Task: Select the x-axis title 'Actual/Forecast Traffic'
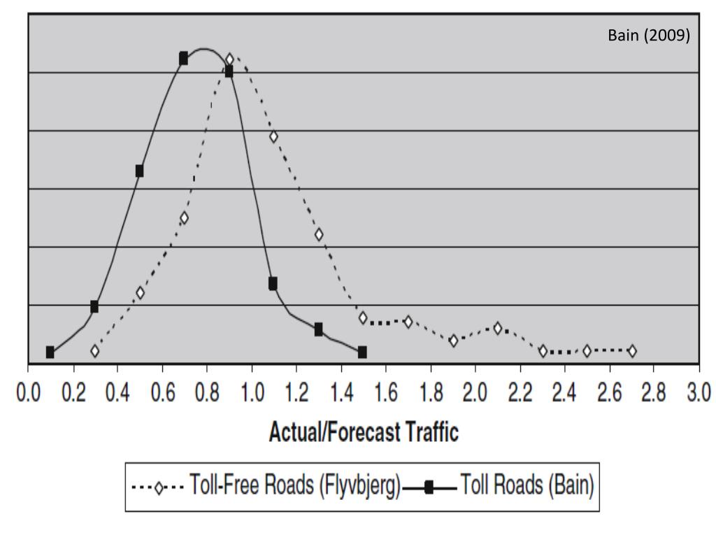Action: pos(364,433)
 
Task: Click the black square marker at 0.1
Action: pos(50,352)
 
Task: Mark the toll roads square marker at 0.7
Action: pos(183,58)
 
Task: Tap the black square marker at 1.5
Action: pos(362,352)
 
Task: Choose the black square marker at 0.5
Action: pos(139,171)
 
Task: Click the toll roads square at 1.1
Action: pos(273,283)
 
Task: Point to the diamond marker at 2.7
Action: pos(632,351)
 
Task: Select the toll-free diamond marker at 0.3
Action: pos(95,351)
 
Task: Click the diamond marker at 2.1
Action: pos(498,328)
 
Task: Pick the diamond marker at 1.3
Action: pos(319,234)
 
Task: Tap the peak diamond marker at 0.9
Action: pos(229,59)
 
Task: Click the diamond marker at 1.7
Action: pos(408,321)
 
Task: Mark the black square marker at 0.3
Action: pos(94,306)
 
